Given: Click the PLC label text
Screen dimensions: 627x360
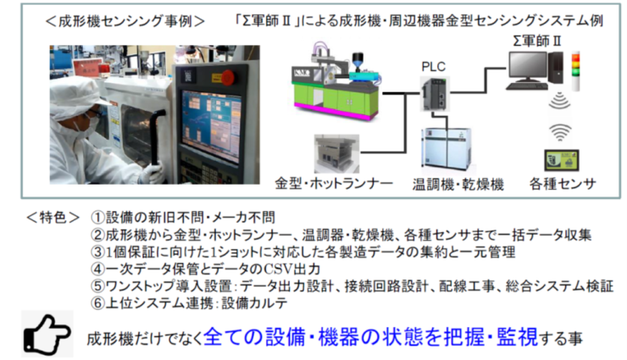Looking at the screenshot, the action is pos(434,67).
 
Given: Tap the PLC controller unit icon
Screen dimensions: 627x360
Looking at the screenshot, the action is pos(436,95).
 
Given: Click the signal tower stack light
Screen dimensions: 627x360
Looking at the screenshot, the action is pos(575,71).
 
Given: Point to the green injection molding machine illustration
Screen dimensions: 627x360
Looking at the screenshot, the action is pos(336,81).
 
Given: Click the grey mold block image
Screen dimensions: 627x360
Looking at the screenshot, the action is pos(336,153).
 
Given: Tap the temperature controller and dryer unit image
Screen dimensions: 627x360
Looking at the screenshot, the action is pos(447,149).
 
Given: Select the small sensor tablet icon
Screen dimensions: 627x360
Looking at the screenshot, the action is pos(562,161).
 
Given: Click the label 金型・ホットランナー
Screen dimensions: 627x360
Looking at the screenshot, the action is pos(334,184).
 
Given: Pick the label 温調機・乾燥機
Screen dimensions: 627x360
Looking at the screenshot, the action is pos(458,184).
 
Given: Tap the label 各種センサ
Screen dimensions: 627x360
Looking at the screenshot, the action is pos(563,184).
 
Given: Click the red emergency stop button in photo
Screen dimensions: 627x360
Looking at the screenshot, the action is pos(228,78).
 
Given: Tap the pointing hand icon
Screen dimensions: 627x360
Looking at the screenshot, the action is pos(47,334).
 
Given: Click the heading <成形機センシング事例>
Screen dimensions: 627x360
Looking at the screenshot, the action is pos(125,21).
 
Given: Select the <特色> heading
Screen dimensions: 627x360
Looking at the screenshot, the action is pos(53,218).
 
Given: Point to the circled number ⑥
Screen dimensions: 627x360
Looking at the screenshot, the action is pos(97,303).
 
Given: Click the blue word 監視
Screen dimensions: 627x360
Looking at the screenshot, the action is pos(518,337).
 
